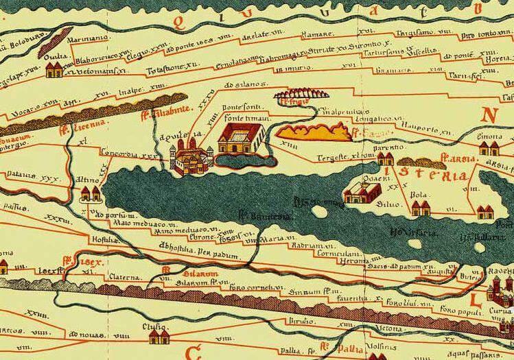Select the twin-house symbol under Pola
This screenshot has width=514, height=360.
click(x=420, y=208)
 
